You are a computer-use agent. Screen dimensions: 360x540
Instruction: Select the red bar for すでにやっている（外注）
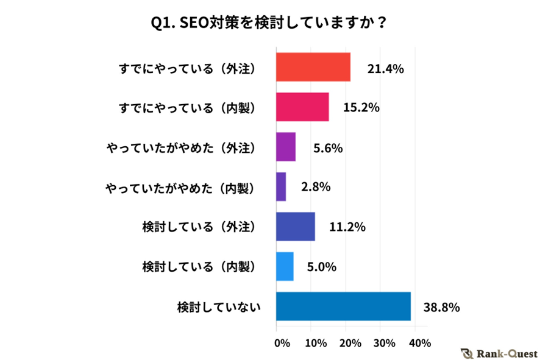pos(313,67)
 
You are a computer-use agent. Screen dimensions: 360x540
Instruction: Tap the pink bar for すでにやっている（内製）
pos(302,107)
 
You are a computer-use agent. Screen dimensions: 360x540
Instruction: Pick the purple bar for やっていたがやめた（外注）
pos(286,147)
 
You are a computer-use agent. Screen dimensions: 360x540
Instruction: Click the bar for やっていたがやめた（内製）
pos(281,186)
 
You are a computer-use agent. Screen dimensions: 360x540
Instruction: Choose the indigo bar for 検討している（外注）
pos(296,227)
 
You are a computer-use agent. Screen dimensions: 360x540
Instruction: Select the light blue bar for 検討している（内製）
pos(285,266)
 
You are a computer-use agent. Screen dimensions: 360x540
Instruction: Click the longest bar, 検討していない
pos(343,306)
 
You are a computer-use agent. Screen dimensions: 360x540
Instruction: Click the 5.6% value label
pos(328,147)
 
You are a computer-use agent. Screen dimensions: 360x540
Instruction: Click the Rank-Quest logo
pos(499,353)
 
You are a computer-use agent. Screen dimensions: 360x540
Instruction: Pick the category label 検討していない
pos(219,306)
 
